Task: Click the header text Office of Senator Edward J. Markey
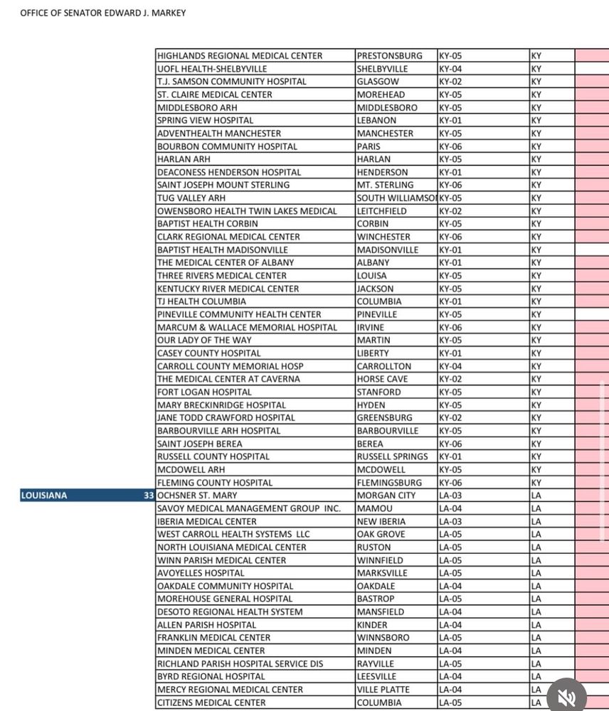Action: (103, 13)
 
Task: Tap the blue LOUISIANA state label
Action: (44, 496)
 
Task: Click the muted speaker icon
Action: (566, 697)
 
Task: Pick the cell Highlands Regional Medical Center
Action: (240, 55)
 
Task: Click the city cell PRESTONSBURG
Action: (389, 55)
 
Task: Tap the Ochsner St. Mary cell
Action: (197, 496)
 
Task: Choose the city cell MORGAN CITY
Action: (386, 496)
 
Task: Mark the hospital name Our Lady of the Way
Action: (204, 340)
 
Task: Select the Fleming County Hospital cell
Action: (215, 483)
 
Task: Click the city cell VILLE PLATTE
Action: (383, 690)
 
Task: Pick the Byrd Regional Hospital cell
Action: (211, 676)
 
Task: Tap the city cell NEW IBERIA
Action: (381, 521)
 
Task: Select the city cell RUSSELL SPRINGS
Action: (393, 456)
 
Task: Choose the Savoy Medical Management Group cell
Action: (249, 508)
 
